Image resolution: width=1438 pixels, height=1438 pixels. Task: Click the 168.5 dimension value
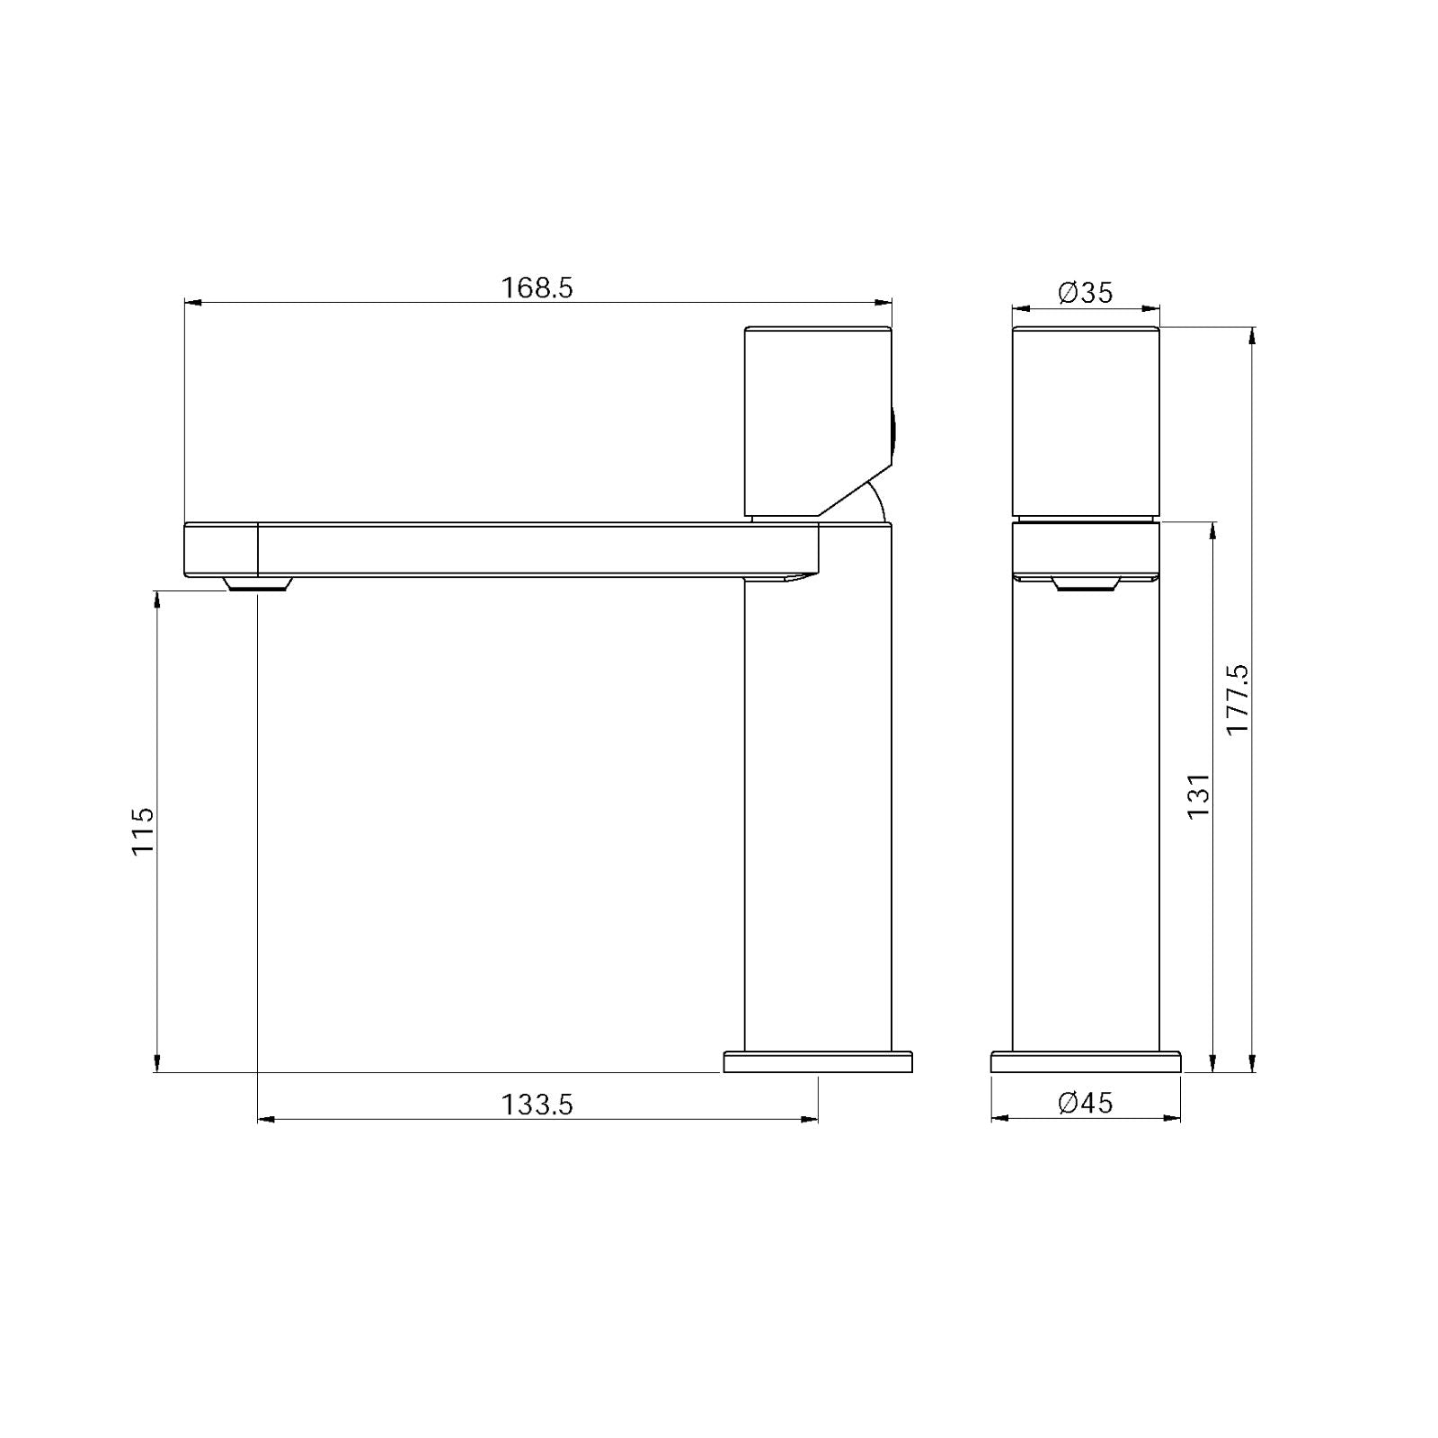(537, 288)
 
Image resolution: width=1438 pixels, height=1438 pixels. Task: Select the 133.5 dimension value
(537, 1104)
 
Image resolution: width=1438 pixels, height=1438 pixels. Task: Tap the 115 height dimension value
(144, 830)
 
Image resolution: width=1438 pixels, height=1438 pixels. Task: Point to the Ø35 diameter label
(1085, 292)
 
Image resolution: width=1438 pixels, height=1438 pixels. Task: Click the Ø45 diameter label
(1085, 1102)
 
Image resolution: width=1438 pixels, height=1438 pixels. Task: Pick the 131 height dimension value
(1199, 794)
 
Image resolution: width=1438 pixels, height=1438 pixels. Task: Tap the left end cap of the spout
(221, 549)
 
